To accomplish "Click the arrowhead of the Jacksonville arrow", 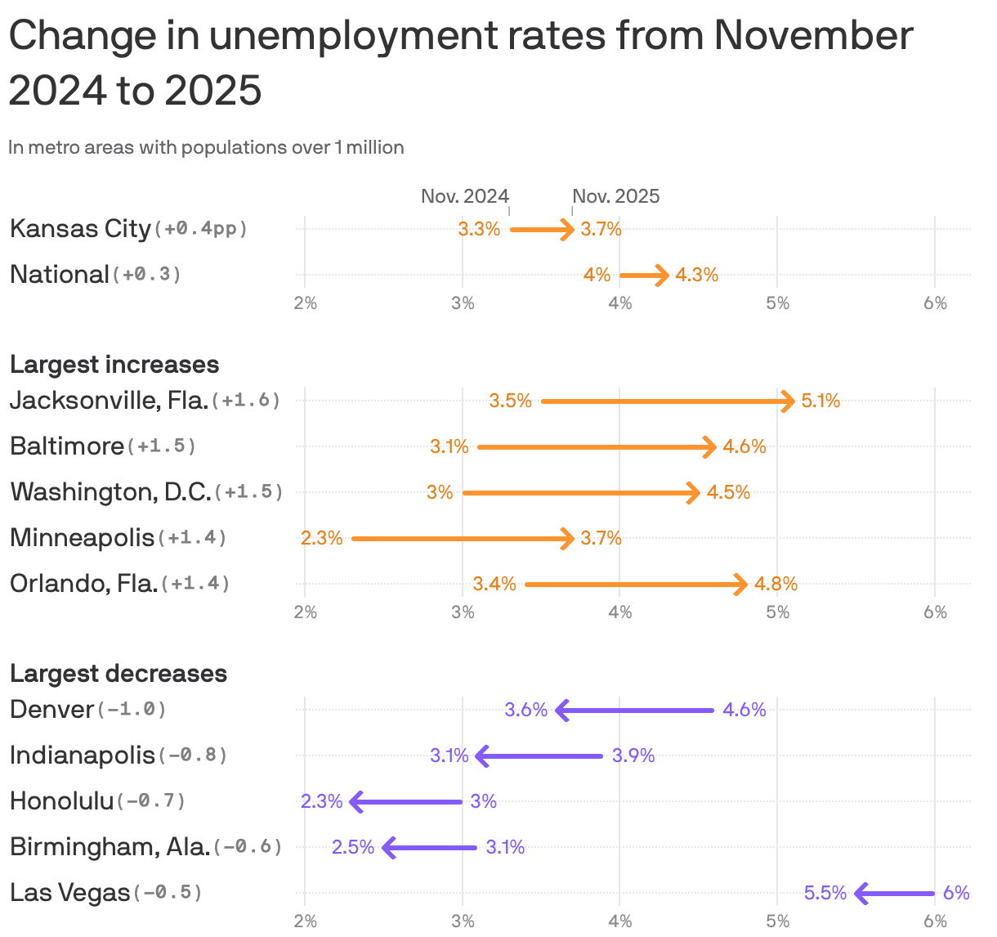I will coord(789,401).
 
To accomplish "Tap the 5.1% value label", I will coord(820,401).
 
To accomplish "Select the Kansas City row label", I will coord(80,229).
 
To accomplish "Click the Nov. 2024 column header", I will coord(464,196).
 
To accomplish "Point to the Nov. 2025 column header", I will coord(615,196).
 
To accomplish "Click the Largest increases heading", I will coord(114,365).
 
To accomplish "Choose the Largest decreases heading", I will coord(118,674).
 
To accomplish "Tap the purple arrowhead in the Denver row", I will coord(561,711).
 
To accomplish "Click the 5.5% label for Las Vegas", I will coord(825,893).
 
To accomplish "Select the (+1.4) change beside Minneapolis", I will coord(192,538).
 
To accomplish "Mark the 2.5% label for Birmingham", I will coord(352,847).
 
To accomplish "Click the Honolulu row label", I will coord(62,801).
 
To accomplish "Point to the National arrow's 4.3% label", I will coord(696,276).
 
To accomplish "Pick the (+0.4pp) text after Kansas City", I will coord(200,229).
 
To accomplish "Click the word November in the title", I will coord(813,36).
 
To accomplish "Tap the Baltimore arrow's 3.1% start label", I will coord(449,447).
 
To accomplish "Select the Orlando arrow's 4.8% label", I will coord(776,585).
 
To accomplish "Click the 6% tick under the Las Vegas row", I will coord(935,922).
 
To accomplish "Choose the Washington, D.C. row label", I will coord(110,492).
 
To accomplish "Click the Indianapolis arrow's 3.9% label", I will coord(633,756).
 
